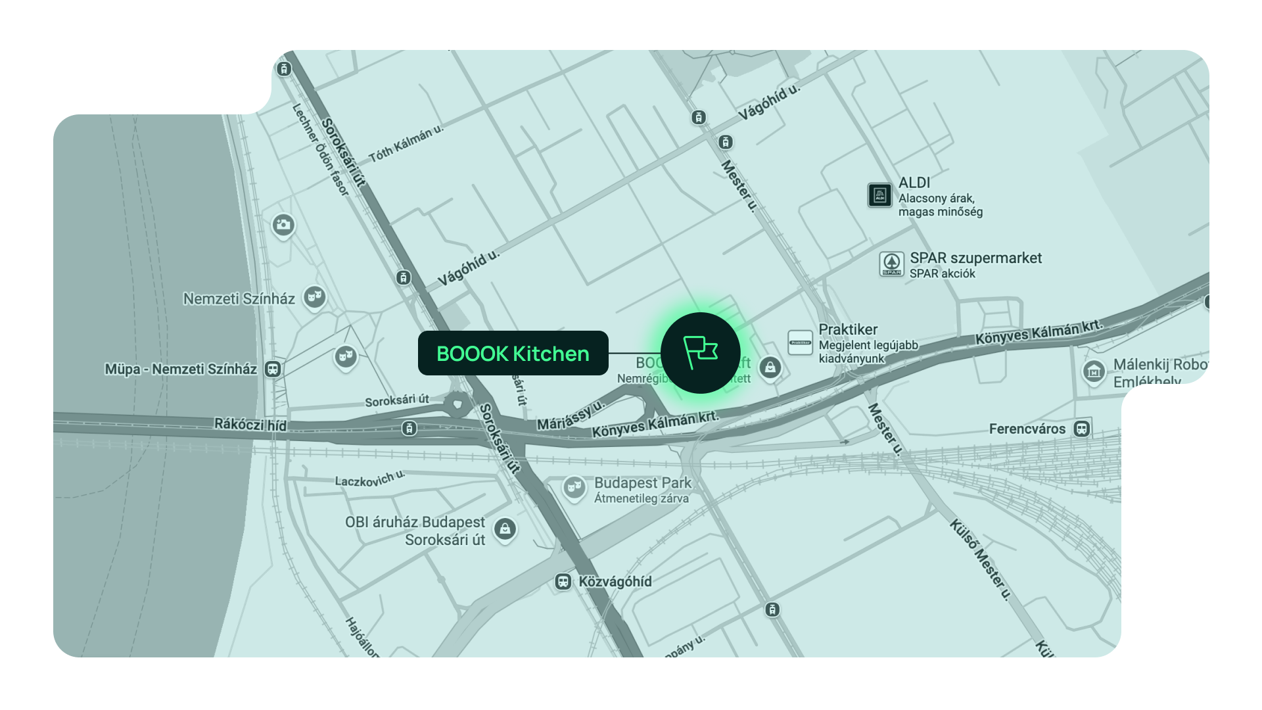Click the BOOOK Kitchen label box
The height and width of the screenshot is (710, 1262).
513,353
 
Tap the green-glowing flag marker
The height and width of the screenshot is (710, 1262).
700,353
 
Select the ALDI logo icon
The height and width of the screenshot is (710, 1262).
879,195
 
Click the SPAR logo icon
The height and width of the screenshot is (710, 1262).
891,264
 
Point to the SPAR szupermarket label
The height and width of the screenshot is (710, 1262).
975,258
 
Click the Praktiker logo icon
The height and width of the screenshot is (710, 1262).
800,343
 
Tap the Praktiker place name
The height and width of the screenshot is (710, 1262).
848,329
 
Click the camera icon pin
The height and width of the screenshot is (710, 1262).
283,225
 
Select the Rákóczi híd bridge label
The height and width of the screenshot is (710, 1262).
250,424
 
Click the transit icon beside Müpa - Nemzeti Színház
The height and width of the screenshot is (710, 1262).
273,369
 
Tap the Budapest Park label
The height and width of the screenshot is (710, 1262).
642,483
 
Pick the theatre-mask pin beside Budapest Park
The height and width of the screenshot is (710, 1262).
574,488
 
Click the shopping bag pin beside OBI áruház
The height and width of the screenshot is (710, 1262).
505,529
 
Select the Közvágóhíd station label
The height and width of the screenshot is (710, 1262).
615,582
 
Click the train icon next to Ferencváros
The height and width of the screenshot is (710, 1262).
1081,429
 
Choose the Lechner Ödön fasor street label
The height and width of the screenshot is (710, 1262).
320,149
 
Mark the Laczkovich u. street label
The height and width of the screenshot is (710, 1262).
369,479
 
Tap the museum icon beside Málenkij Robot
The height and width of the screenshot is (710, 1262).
1094,371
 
